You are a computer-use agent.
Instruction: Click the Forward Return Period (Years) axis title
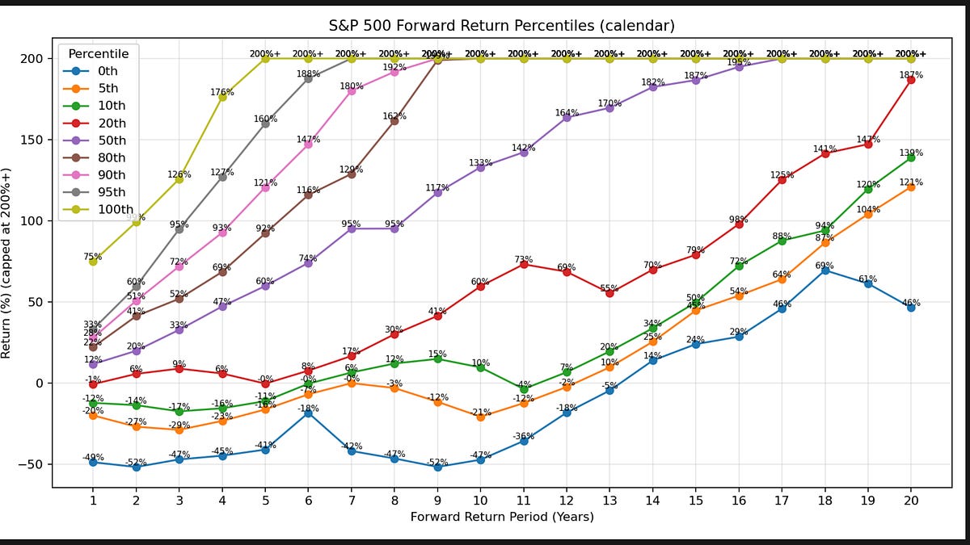(x=502, y=517)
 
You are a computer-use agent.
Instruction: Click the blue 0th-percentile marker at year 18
(x=824, y=270)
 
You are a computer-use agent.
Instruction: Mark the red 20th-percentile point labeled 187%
(x=911, y=80)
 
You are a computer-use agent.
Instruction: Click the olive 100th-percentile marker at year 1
(x=93, y=262)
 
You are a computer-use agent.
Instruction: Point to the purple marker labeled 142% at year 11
(x=524, y=152)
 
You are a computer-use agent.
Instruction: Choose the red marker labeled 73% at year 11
(x=524, y=264)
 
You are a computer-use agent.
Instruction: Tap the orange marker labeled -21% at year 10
(x=481, y=417)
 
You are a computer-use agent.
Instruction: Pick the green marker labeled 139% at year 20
(x=911, y=157)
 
